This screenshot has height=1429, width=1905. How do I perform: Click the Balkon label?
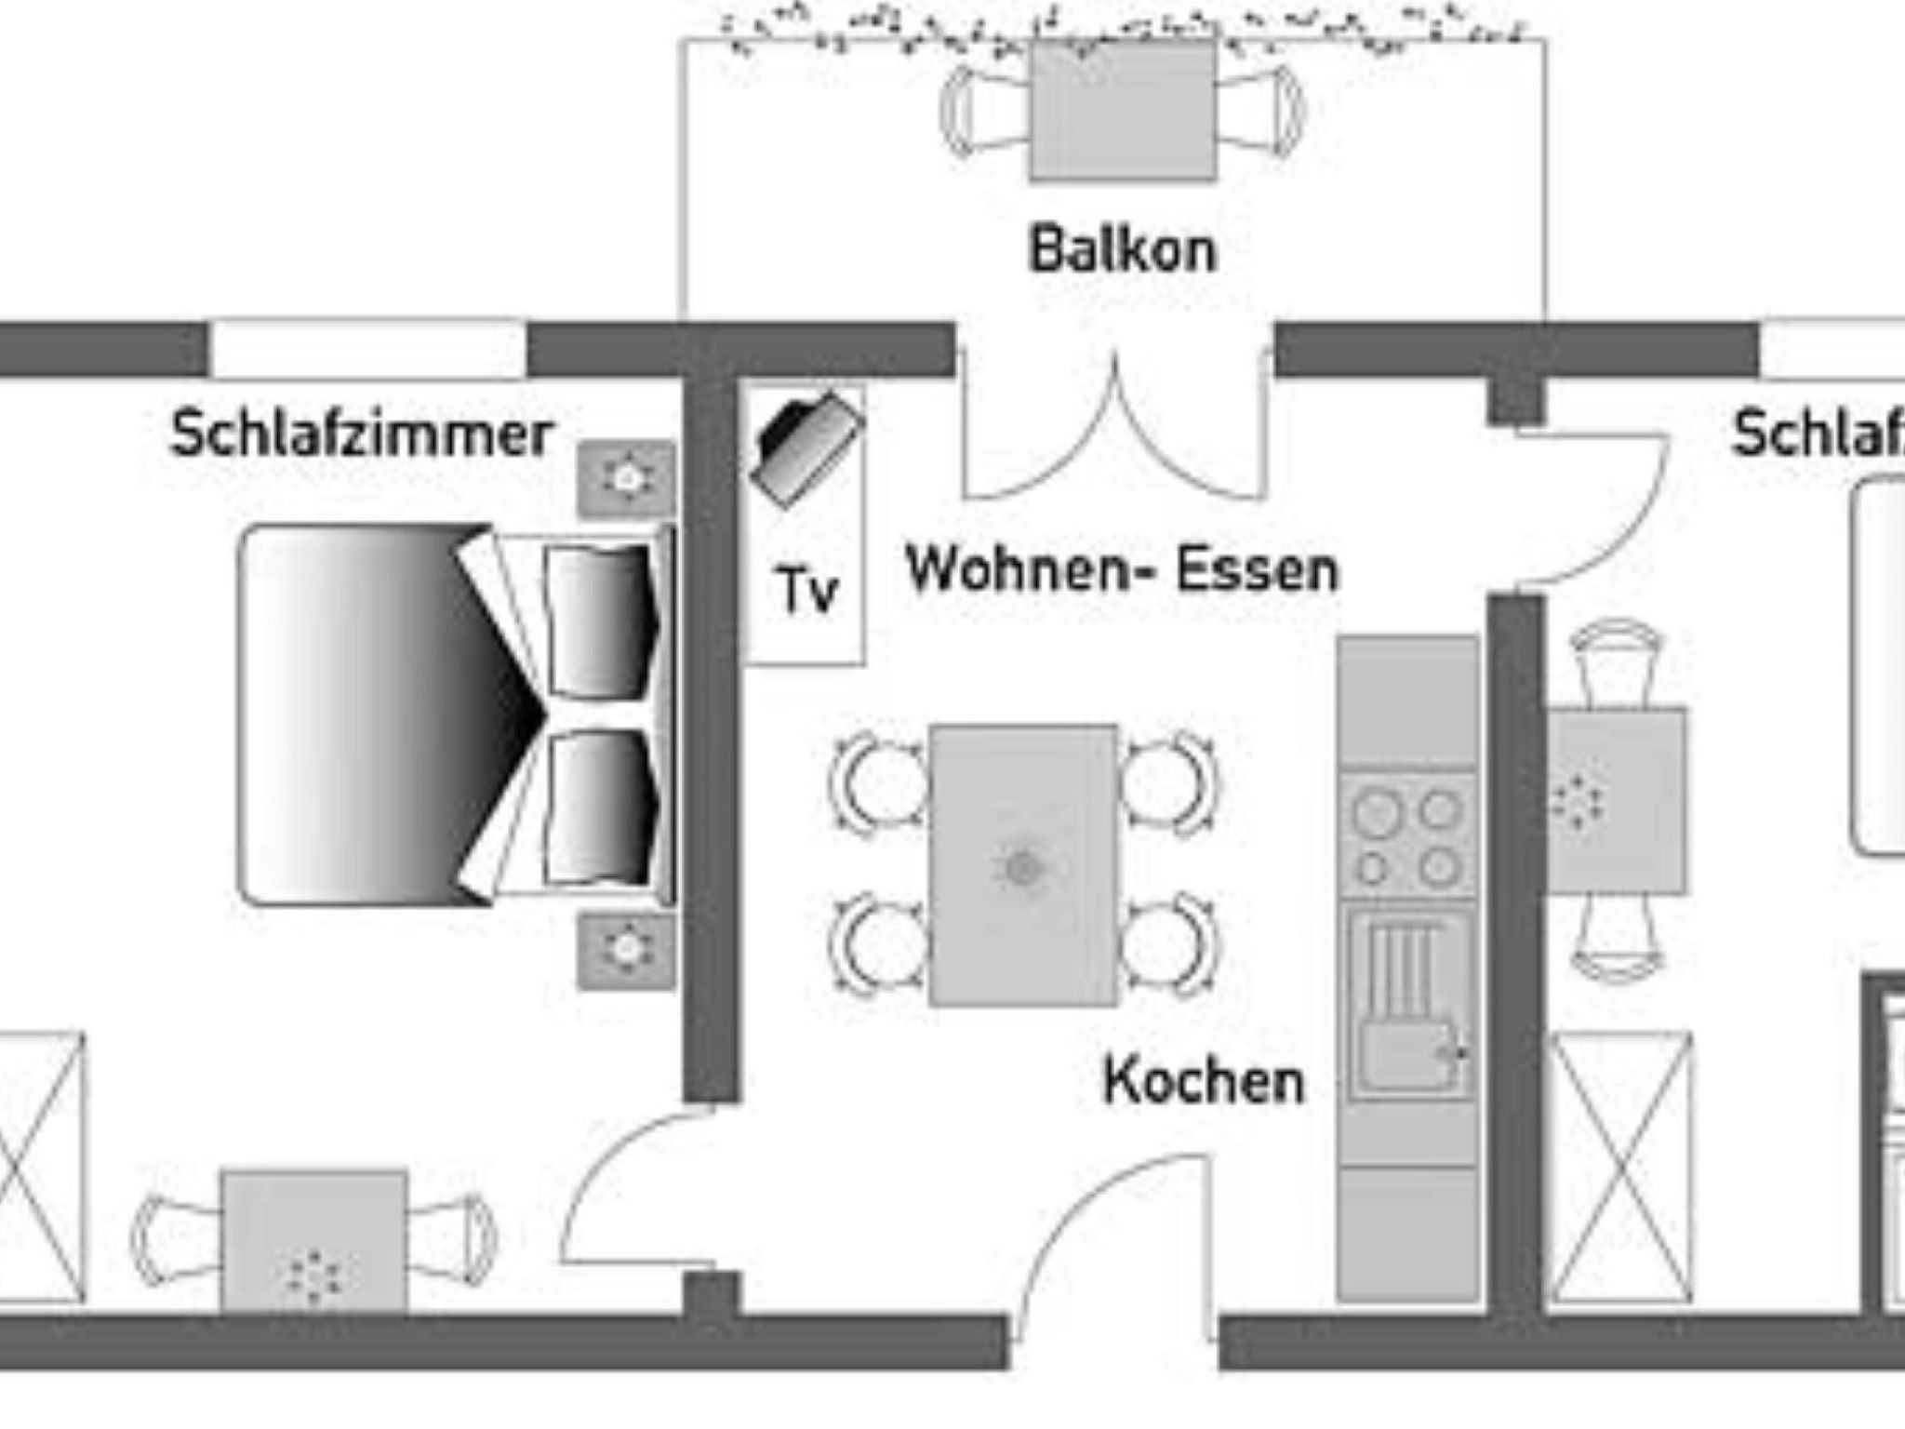click(1123, 249)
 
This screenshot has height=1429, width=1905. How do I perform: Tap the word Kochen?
click(1204, 1081)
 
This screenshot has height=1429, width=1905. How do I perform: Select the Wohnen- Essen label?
click(1123, 569)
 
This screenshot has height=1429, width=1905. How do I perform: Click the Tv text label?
click(807, 591)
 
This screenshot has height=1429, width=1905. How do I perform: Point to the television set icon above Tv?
click(806, 447)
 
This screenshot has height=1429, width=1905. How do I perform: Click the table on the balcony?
click(1123, 112)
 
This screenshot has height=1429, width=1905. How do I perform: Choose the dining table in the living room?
click(1023, 865)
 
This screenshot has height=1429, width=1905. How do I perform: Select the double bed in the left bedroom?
click(446, 714)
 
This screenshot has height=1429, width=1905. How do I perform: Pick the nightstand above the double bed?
click(627, 478)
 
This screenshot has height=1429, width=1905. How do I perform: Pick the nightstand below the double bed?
click(627, 949)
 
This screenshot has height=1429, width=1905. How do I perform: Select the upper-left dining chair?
click(879, 780)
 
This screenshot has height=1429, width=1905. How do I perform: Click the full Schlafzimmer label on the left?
click(361, 434)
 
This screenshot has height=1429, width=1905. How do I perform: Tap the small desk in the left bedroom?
click(314, 1242)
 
